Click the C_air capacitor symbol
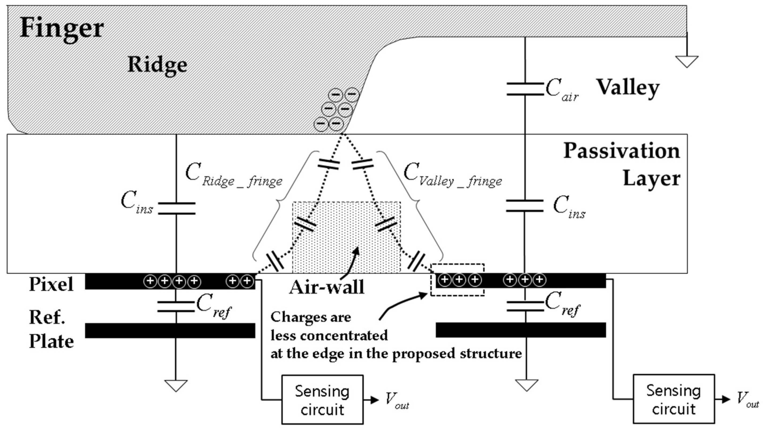click(525, 89)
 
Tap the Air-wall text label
click(327, 287)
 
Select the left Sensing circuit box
click(322, 400)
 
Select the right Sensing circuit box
click(673, 399)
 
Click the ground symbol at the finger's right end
click(687, 61)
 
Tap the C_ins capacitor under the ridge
click(177, 208)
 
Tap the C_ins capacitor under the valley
click(525, 206)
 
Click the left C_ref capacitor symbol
click(176, 307)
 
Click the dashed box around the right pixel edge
click(457, 280)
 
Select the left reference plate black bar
click(170, 331)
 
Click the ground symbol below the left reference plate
click(176, 385)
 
